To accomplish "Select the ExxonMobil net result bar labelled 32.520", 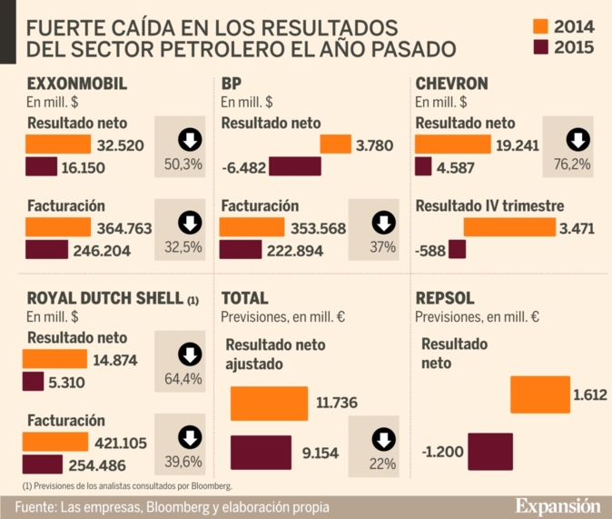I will tap(58, 144).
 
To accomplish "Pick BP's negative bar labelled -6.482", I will tap(295, 165).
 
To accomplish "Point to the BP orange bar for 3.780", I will tap(335, 144).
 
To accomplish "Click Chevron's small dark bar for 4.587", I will tap(423, 165).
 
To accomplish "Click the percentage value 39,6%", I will tap(190, 462).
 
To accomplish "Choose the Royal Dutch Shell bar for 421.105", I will tap(55, 442).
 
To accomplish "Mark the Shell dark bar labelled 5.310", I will tap(34, 382).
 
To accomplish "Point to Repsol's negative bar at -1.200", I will tap(489, 450).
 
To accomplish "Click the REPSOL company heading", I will tap(445, 298).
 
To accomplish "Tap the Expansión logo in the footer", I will tap(558, 505).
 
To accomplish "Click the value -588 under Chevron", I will tap(430, 249).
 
